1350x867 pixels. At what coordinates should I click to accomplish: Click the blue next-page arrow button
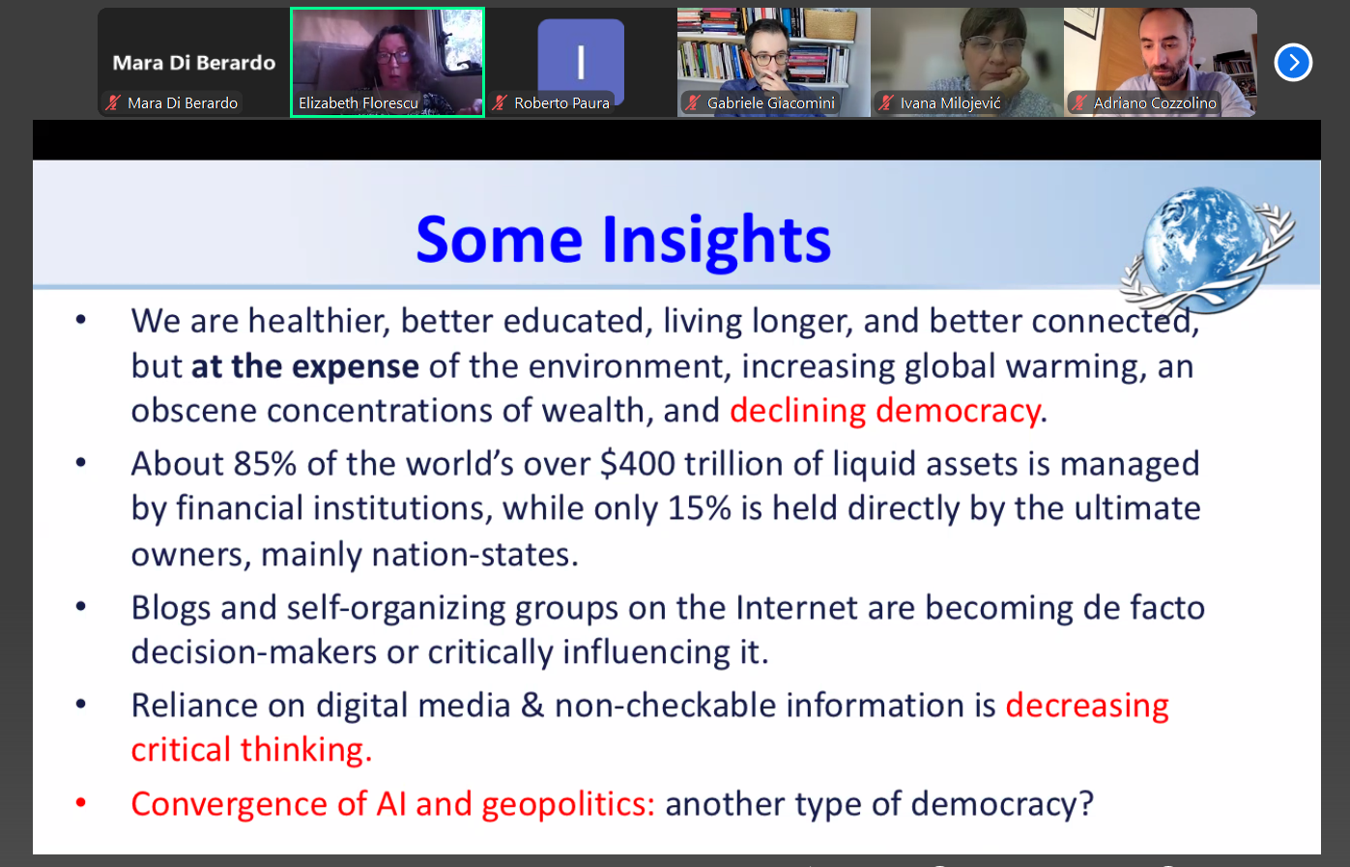1293,62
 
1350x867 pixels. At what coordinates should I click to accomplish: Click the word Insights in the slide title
717,241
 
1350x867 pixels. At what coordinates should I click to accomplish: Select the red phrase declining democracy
885,411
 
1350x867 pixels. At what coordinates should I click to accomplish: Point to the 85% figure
265,464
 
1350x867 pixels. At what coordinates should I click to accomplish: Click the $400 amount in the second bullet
638,464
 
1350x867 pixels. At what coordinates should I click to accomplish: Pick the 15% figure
699,508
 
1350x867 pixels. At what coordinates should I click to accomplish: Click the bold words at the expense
305,366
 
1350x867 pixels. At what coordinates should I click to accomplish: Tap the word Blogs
171,608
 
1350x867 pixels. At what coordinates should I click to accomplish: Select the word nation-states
471,554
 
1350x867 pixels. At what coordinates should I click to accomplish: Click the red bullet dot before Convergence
81,802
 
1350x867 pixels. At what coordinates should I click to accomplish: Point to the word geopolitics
563,805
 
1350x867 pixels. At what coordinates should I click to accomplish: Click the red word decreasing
1086,706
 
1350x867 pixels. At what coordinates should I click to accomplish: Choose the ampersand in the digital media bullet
532,706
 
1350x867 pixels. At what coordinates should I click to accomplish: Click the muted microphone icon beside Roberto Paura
500,102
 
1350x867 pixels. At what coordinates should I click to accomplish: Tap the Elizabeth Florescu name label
358,103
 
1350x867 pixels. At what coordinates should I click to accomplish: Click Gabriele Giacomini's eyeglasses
766,59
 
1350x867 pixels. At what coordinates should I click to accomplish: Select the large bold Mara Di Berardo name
194,63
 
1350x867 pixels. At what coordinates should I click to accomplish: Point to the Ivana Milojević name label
950,103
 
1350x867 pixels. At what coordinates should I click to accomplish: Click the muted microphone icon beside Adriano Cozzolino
1078,102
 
